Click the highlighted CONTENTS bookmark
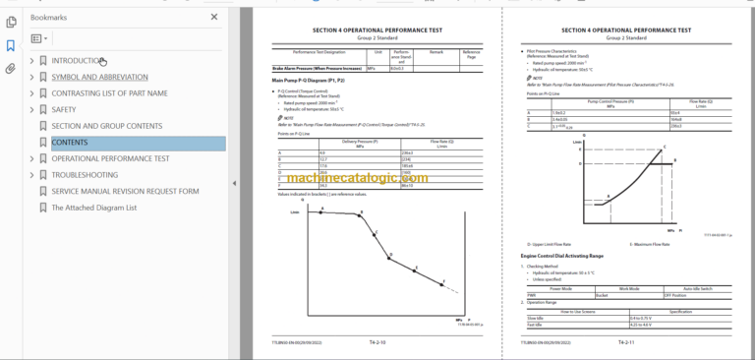point(69,143)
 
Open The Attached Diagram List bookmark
point(93,208)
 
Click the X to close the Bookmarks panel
point(214,17)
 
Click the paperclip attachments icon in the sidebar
point(10,69)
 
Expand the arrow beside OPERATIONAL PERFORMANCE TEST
point(31,158)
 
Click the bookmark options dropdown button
point(37,38)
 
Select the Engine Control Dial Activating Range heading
point(561,255)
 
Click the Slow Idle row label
point(538,316)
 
